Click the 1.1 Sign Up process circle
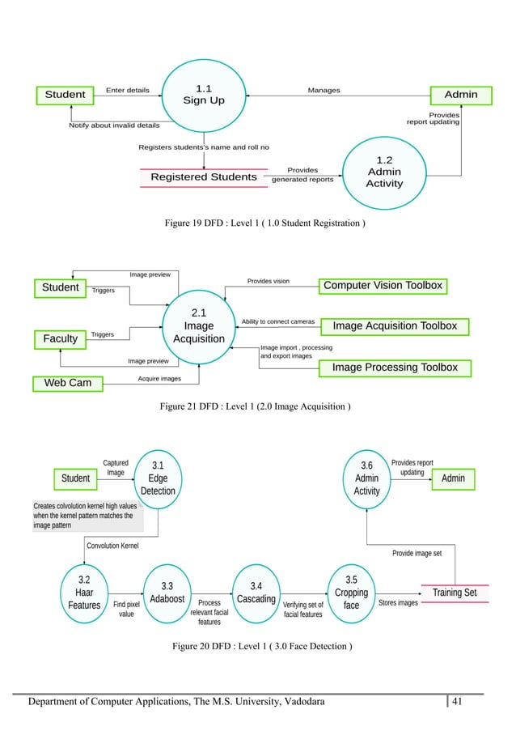click(205, 95)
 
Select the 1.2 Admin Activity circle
click(384, 172)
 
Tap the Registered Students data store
click(204, 177)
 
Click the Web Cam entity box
click(68, 382)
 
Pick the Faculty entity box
click(61, 339)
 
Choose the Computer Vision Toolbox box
click(383, 286)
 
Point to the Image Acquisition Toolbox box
click(395, 326)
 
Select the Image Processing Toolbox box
click(395, 368)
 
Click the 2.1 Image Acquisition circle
click(199, 326)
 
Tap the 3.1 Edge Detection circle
click(158, 478)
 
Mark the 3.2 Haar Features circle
click(84, 593)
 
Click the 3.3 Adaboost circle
click(167, 593)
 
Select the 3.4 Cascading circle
click(256, 593)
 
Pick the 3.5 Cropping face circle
click(351, 593)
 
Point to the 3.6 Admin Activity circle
click(366, 478)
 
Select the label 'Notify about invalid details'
click(114, 125)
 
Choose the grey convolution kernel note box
click(87, 515)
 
